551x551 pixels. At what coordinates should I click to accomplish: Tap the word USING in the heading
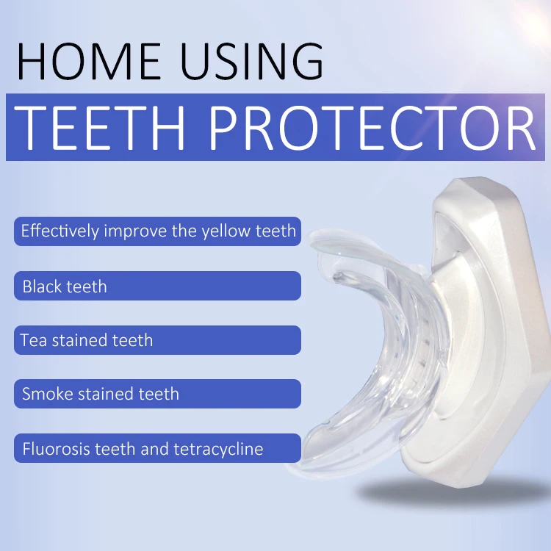pyautogui.click(x=251, y=61)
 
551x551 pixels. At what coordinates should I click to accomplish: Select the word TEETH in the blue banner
pyautogui.click(x=99, y=127)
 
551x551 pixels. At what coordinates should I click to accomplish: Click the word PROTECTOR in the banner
pyautogui.click(x=372, y=127)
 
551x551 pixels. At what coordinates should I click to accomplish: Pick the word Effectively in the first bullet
pyautogui.click(x=60, y=231)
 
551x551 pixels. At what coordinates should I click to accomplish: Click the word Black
pyautogui.click(x=42, y=287)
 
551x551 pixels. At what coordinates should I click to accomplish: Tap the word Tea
pyautogui.click(x=33, y=340)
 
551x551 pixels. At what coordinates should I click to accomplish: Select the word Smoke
pyautogui.click(x=47, y=394)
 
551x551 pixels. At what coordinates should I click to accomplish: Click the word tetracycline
pyautogui.click(x=218, y=449)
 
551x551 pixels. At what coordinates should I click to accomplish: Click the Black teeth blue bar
pyautogui.click(x=157, y=286)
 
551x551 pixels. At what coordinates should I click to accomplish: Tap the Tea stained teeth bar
pyautogui.click(x=157, y=340)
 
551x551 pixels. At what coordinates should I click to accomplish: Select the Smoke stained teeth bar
pyautogui.click(x=157, y=394)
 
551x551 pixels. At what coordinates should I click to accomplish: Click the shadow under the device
pyautogui.click(x=453, y=490)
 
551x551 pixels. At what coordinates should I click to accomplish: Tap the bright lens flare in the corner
pyautogui.click(x=534, y=18)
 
